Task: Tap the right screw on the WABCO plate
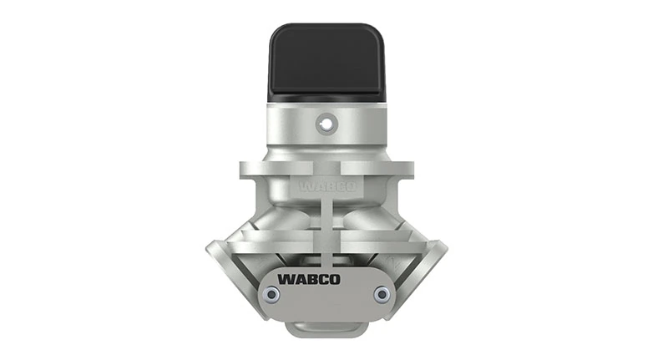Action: click(382, 294)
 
